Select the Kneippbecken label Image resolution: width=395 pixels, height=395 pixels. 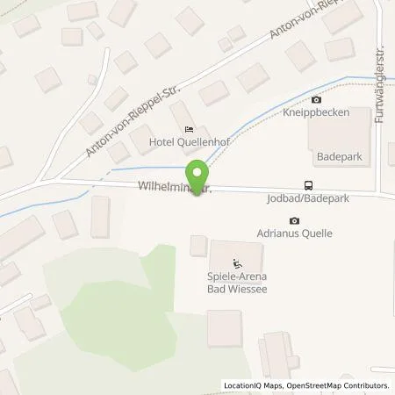[x=316, y=113]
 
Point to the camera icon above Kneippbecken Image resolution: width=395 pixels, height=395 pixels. [x=316, y=99]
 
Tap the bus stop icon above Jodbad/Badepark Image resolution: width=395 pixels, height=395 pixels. [x=308, y=185]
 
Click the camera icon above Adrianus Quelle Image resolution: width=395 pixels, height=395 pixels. [x=294, y=220]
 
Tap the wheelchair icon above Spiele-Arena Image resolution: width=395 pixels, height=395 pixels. [x=235, y=262]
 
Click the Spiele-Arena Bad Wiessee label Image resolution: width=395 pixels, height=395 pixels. [x=235, y=282]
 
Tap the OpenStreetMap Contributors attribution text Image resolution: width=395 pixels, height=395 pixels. [x=339, y=385]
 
